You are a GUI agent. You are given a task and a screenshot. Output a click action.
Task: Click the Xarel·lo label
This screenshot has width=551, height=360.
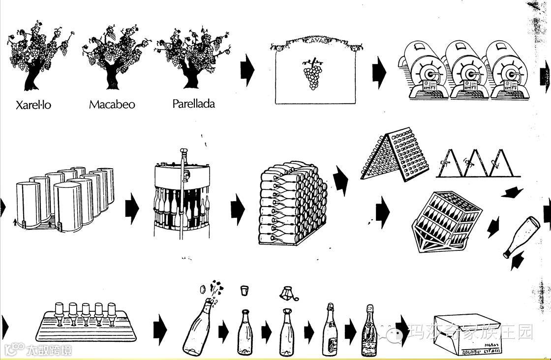tap(33, 105)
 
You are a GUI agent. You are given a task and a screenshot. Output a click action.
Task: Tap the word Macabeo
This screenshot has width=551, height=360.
tap(112, 104)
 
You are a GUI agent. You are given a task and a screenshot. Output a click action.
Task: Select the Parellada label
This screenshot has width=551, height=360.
tap(193, 104)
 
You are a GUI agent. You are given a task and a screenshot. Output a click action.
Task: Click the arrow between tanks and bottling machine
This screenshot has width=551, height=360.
tap(132, 208)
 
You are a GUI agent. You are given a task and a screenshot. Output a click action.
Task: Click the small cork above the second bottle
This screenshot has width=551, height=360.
tap(244, 290)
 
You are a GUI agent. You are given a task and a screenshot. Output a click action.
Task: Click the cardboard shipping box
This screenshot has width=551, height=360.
tap(467, 334)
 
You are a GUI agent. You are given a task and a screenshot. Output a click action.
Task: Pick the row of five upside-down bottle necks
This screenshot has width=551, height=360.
tap(86, 315)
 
